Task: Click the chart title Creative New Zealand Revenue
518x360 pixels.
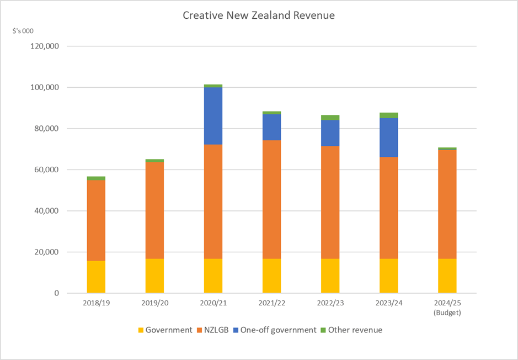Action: pyautogui.click(x=259, y=15)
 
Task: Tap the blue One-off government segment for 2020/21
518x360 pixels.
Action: pyautogui.click(x=213, y=115)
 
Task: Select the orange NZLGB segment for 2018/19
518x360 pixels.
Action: pyautogui.click(x=96, y=220)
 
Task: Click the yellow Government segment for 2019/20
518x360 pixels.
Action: pyautogui.click(x=154, y=276)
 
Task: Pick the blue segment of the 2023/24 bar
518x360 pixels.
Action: pyautogui.click(x=388, y=137)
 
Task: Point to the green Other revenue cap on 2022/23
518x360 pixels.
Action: pyautogui.click(x=330, y=117)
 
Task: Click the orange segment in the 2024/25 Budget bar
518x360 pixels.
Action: pyautogui.click(x=447, y=204)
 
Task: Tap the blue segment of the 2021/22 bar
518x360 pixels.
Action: pyautogui.click(x=271, y=127)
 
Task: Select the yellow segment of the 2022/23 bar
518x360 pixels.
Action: pyautogui.click(x=330, y=276)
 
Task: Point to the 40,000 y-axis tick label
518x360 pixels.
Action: pyautogui.click(x=49, y=211)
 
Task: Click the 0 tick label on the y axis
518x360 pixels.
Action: pyautogui.click(x=56, y=293)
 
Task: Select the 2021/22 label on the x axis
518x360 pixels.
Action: pyautogui.click(x=271, y=304)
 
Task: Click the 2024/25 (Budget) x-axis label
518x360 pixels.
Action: pyautogui.click(x=447, y=308)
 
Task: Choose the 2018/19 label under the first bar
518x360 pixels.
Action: pyautogui.click(x=96, y=304)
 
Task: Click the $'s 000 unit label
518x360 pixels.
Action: pyautogui.click(x=24, y=31)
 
